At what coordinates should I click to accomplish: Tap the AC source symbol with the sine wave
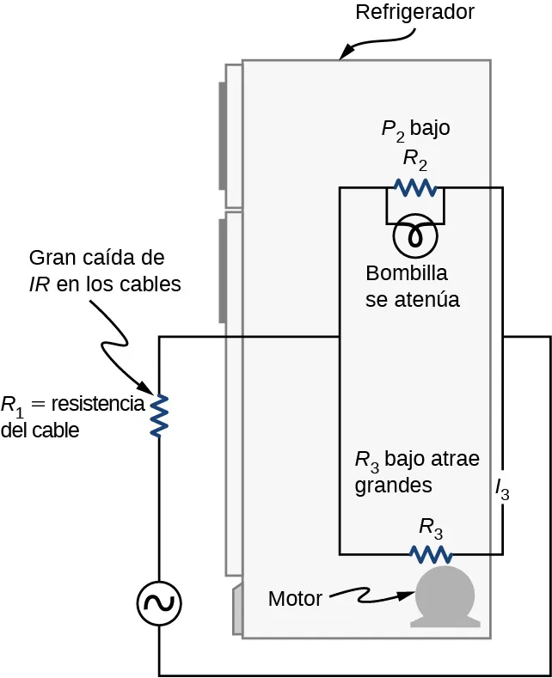click(159, 604)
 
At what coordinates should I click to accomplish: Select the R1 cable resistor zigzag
click(159, 415)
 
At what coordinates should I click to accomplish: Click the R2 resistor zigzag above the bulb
click(414, 187)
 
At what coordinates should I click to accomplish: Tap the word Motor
click(295, 598)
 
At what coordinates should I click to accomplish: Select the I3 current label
click(502, 489)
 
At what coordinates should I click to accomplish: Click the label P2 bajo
click(415, 129)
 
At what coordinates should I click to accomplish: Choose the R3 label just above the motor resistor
click(431, 525)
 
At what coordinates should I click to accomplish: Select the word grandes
click(393, 485)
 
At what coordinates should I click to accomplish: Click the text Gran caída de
click(96, 258)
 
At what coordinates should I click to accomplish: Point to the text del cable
click(40, 431)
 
